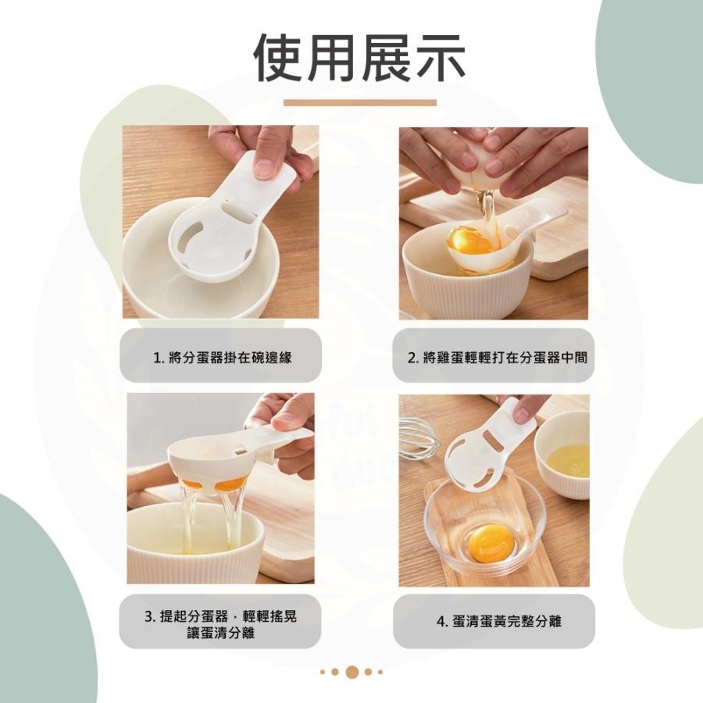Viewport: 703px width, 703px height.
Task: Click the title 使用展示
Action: [359, 59]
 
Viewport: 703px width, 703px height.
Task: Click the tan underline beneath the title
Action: [359, 102]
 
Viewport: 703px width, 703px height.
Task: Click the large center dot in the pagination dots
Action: [351, 672]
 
